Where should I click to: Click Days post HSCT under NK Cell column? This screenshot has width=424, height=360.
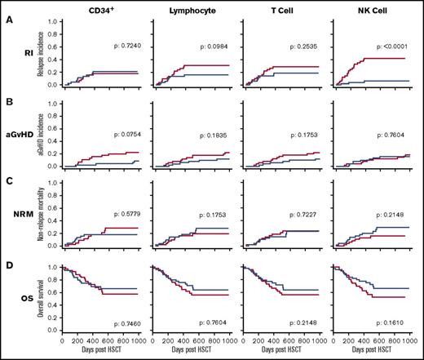(373, 355)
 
